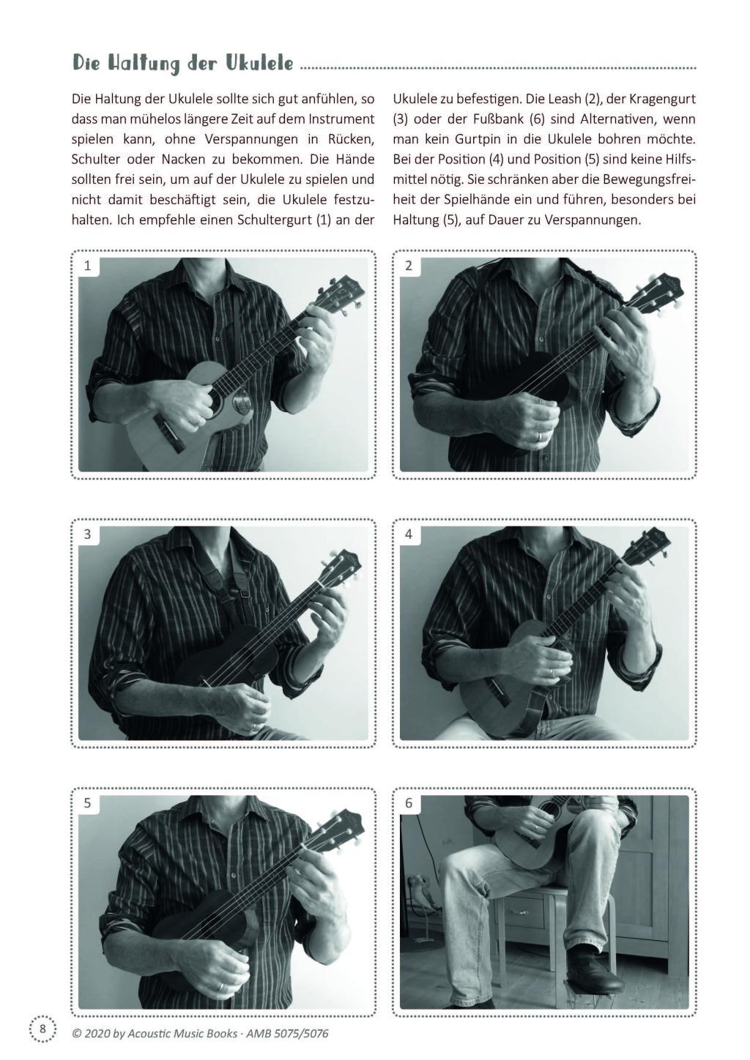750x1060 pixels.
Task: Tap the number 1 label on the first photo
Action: click(87, 266)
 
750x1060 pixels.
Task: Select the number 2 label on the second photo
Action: click(409, 266)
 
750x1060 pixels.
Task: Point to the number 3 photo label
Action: click(87, 534)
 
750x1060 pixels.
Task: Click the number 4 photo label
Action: click(409, 534)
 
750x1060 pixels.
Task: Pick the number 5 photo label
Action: click(87, 803)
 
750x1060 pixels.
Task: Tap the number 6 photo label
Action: click(409, 803)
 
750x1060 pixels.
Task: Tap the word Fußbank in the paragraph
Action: click(498, 119)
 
